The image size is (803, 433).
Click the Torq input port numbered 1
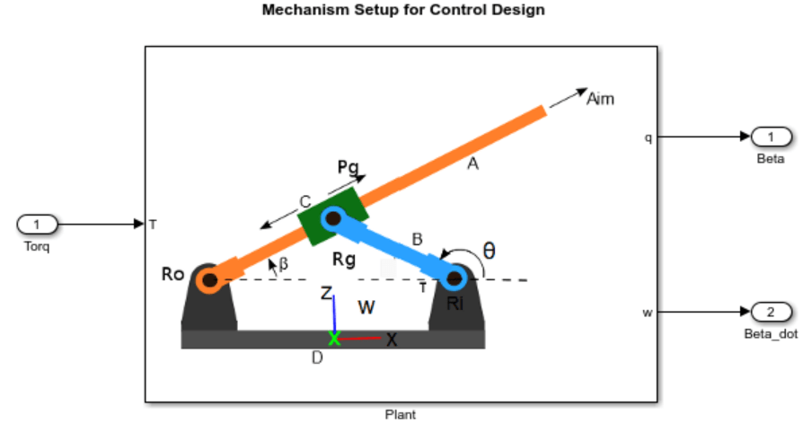[x=37, y=225]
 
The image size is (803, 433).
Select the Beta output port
[x=771, y=137]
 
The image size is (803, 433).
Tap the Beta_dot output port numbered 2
[x=771, y=312]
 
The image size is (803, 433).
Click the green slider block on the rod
[x=333, y=216]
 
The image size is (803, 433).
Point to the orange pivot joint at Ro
[x=210, y=279]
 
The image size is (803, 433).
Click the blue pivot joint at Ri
[x=454, y=278]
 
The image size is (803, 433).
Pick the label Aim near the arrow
[x=600, y=99]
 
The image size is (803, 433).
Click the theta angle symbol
[x=489, y=251]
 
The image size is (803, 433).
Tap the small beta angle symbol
[x=283, y=263]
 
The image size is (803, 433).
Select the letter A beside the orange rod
[x=472, y=163]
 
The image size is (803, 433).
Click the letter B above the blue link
[x=418, y=239]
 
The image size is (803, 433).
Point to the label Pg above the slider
[x=349, y=167]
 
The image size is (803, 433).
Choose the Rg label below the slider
[x=344, y=260]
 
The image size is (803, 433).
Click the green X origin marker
[x=334, y=338]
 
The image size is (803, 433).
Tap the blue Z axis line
[x=334, y=314]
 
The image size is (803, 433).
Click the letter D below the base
[x=317, y=358]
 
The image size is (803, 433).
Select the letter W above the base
[x=366, y=307]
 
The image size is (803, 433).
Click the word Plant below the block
[x=401, y=414]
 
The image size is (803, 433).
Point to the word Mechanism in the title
[x=305, y=10]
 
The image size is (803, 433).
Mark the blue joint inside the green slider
[x=333, y=219]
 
